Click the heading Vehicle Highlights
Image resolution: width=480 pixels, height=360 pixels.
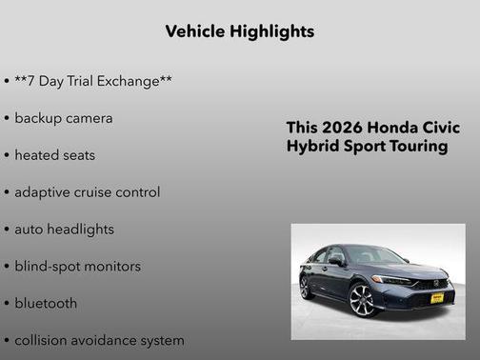[239, 31]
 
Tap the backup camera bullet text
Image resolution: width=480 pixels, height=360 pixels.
[64, 118]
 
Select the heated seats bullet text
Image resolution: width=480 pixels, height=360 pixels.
[55, 154]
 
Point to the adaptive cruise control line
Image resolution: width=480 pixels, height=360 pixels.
[88, 191]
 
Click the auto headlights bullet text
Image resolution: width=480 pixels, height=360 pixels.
[64, 229]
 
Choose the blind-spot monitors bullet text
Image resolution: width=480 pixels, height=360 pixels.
[77, 266]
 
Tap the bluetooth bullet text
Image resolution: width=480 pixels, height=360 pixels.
[46, 303]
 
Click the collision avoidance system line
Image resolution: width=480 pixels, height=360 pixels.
[99, 340]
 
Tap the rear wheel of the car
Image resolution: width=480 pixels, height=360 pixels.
[306, 286]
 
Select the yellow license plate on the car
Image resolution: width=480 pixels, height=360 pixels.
[436, 297]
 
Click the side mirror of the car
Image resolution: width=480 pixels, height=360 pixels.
[336, 260]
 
